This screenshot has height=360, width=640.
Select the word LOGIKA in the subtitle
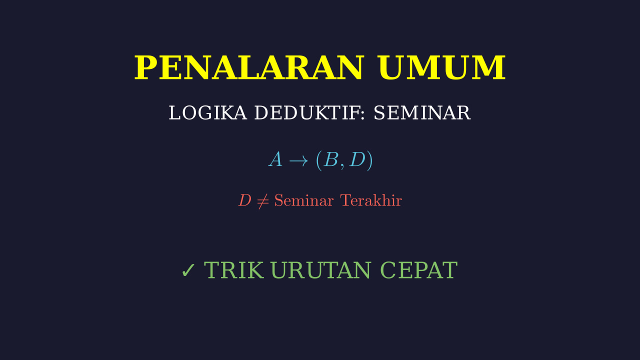pyautogui.click(x=207, y=113)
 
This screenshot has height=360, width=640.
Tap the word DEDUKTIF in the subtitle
pyautogui.click(x=307, y=113)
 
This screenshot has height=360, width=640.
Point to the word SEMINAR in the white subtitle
pyautogui.click(x=422, y=113)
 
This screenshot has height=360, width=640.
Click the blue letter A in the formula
pyautogui.click(x=275, y=159)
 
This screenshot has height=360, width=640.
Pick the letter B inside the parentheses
pyautogui.click(x=331, y=159)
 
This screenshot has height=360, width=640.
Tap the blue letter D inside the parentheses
pyautogui.click(x=357, y=159)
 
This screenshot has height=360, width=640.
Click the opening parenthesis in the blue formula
pyautogui.click(x=319, y=160)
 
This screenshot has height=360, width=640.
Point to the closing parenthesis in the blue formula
pyautogui.click(x=369, y=160)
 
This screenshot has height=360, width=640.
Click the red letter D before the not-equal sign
pyautogui.click(x=245, y=200)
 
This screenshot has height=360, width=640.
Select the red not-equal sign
pyautogui.click(x=263, y=201)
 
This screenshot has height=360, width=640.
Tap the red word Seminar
pyautogui.click(x=303, y=200)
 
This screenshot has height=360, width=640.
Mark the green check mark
pyautogui.click(x=188, y=270)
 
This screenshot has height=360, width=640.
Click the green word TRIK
pyautogui.click(x=233, y=270)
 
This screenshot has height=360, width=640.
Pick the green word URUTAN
pyautogui.click(x=321, y=270)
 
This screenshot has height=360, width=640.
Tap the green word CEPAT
pyautogui.click(x=419, y=270)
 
